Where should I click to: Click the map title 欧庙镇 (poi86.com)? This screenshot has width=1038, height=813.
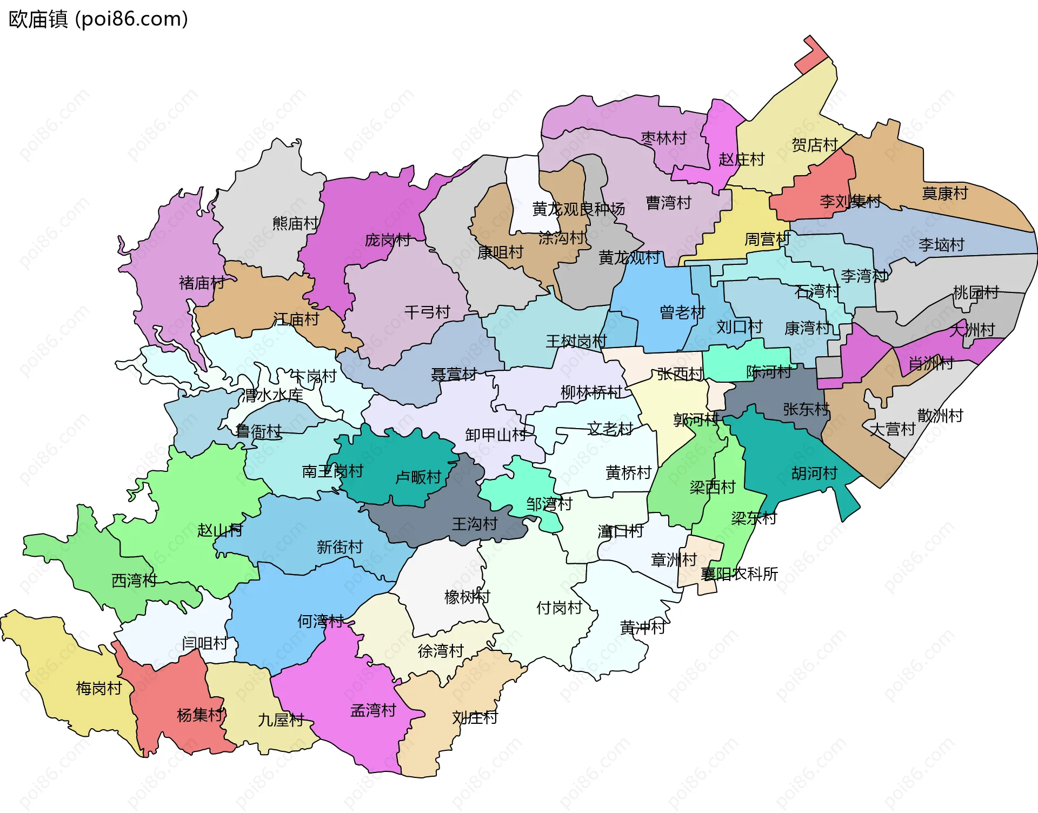pos(98,19)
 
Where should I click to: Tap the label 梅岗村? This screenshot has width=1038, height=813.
pos(99,688)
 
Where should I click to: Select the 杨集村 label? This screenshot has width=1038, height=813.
pos(200,715)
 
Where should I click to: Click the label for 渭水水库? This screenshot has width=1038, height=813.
pos(272,395)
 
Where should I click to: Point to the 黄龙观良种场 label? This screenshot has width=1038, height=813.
pos(578,209)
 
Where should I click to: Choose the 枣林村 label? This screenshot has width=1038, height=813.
pos(663,138)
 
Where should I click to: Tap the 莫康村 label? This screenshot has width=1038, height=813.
pos(944,193)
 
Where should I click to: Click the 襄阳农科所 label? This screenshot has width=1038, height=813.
pos(739,574)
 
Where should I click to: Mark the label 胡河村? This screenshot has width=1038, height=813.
pos(814,473)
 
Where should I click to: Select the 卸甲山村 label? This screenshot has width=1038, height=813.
pos(496,435)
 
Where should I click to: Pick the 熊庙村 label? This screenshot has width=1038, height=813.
pos(295,223)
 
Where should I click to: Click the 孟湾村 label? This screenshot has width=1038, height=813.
pos(373,710)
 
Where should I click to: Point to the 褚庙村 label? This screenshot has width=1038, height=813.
pos(202,282)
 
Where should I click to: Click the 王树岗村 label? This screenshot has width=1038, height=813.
pos(576,341)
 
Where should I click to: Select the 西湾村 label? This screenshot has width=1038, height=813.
pos(134,580)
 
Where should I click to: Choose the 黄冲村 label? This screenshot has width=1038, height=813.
pos(643,627)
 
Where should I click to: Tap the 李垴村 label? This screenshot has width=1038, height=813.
pos(941,244)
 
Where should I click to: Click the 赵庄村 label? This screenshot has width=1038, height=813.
pos(741,159)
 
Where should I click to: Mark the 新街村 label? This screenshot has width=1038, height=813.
pos(340,547)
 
